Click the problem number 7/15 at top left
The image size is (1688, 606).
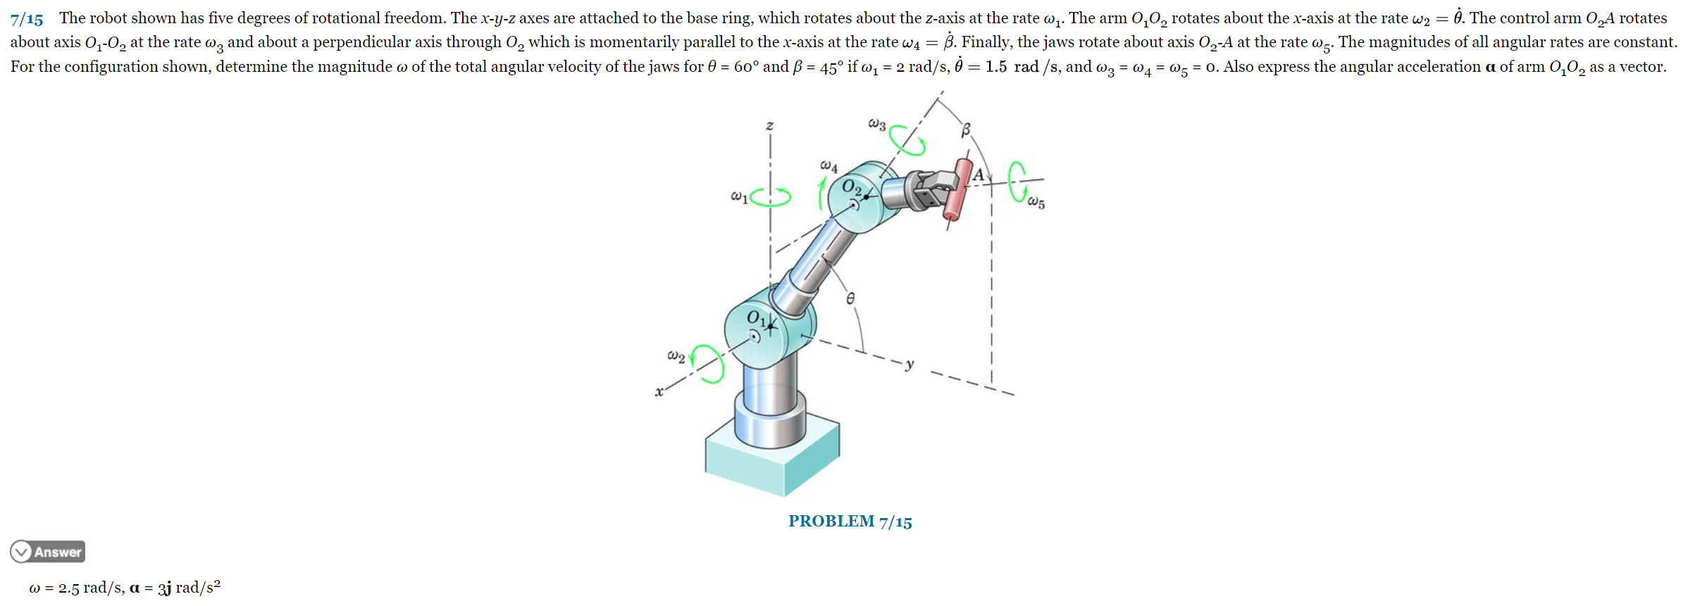pos(27,19)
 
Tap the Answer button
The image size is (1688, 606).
pos(48,552)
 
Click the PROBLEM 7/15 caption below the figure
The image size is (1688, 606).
pos(850,522)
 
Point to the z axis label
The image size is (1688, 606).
pos(769,126)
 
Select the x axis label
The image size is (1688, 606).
pos(659,392)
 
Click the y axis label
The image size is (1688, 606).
pos(910,365)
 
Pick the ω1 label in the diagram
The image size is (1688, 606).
pos(739,196)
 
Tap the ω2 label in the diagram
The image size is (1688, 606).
pos(676,356)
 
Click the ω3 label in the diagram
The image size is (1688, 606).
pos(876,124)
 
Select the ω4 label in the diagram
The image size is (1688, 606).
pos(829,166)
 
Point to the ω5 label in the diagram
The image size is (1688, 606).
pos(1036,203)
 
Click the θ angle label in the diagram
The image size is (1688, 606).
pos(850,298)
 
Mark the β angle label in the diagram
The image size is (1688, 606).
pos(966,130)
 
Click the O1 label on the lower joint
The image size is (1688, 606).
pos(755,318)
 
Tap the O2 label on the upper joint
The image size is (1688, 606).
pos(852,187)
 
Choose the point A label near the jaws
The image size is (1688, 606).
pos(978,175)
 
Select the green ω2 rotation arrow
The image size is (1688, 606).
pos(708,363)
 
